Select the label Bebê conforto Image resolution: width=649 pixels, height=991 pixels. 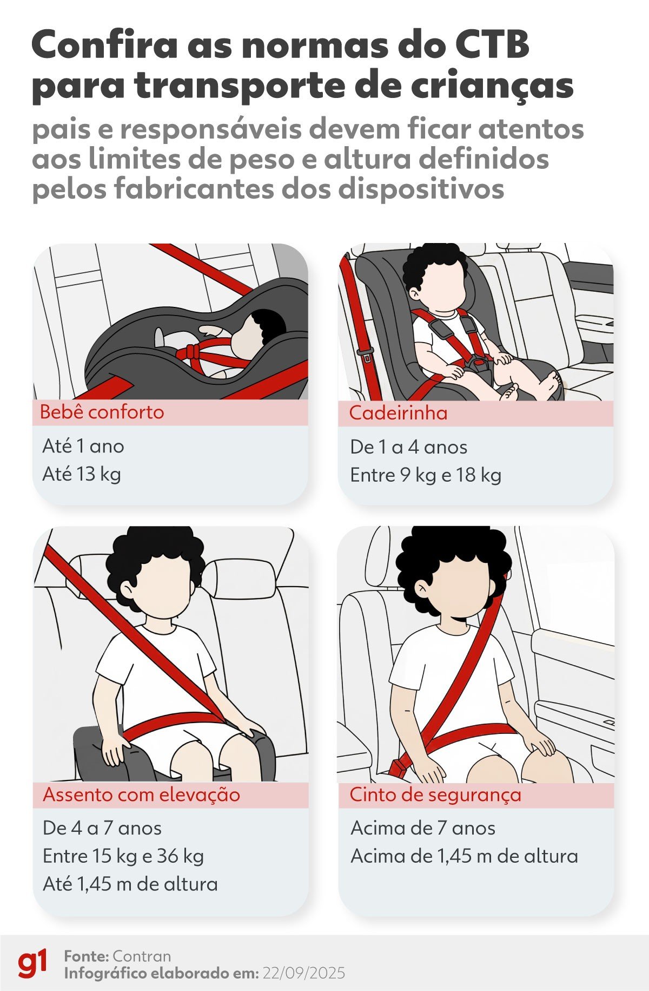point(102,412)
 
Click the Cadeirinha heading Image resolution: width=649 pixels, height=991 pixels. point(398,413)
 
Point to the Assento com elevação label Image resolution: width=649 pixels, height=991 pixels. point(141,795)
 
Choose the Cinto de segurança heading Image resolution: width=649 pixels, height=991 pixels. point(435,795)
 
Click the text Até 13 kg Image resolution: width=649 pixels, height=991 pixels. point(82,474)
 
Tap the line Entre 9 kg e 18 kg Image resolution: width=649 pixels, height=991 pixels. point(426,475)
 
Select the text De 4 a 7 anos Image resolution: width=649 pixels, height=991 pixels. point(102,828)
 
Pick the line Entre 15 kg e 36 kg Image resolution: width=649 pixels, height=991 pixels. point(123,856)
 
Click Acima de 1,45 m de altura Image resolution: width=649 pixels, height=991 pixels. point(464,856)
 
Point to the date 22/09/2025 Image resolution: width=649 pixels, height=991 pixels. point(303,973)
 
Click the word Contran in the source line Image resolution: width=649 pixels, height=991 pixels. point(142,956)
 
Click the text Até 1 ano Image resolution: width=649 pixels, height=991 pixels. point(83,447)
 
